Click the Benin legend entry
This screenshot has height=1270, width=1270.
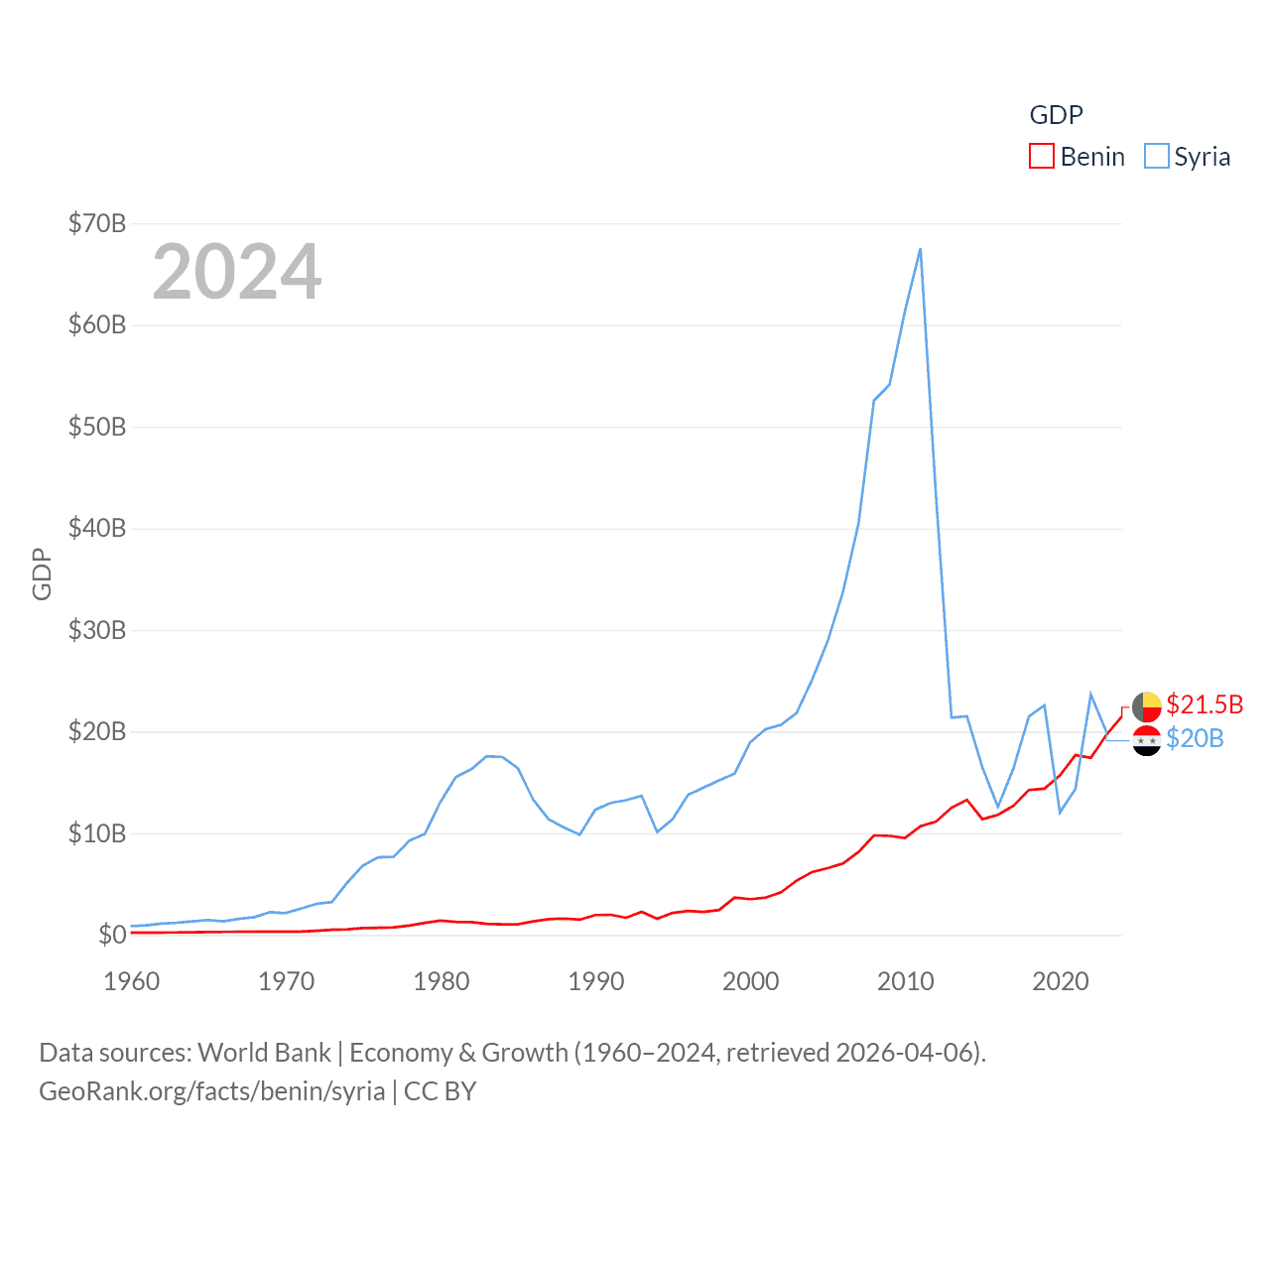tap(1078, 157)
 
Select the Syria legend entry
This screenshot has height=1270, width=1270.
tap(1188, 157)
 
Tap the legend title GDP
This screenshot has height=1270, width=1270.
tap(1056, 115)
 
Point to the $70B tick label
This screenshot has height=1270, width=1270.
tap(97, 223)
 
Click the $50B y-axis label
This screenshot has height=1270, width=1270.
tap(97, 427)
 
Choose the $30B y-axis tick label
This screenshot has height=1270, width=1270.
tap(97, 630)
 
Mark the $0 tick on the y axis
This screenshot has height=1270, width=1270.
tap(112, 935)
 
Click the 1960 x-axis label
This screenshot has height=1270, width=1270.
tap(132, 981)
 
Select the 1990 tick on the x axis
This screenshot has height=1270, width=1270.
tap(596, 981)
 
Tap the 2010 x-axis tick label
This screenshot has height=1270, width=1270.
tap(906, 981)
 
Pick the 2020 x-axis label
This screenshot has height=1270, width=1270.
tap(1061, 981)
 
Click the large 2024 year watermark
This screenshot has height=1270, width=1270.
tap(237, 272)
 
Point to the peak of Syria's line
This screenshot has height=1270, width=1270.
tap(921, 249)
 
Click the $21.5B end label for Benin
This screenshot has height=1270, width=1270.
tap(1205, 704)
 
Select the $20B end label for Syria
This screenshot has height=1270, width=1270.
tap(1195, 738)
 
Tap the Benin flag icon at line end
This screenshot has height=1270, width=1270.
tap(1147, 706)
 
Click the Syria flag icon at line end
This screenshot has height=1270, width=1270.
tap(1147, 740)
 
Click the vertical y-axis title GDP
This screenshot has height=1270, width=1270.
tap(42, 573)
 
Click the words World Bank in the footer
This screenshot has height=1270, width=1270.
tap(265, 1053)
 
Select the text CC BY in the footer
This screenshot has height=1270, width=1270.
tap(440, 1091)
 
